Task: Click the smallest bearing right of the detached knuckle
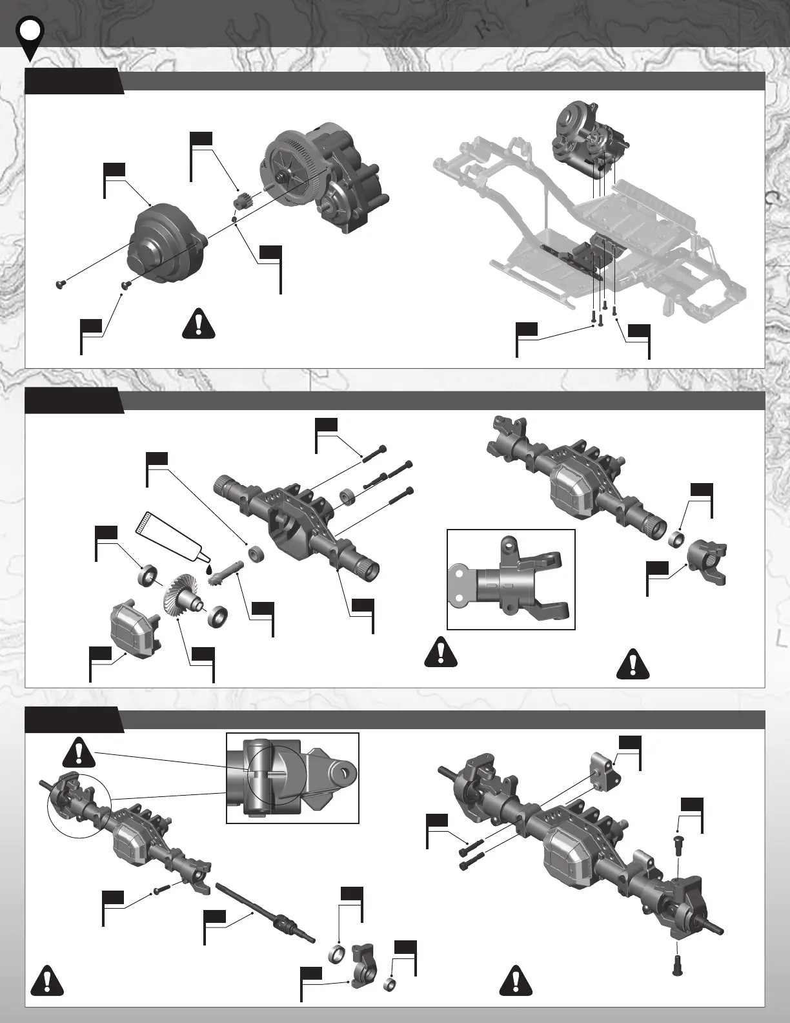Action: click(390, 985)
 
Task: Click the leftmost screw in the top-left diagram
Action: click(61, 284)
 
